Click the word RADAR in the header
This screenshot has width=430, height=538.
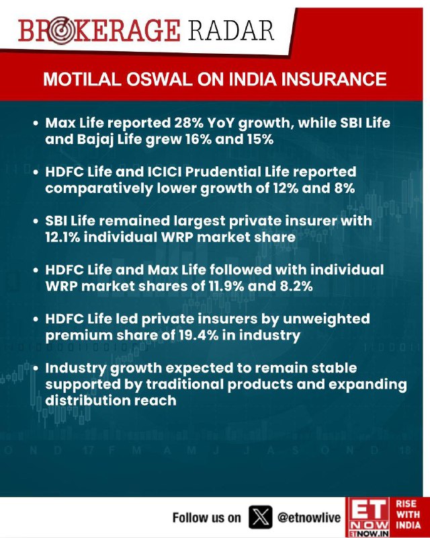pos(230,30)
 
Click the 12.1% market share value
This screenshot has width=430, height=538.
pos(62,237)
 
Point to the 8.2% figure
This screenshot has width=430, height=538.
pos(296,286)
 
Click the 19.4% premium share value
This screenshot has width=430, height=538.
pos(199,335)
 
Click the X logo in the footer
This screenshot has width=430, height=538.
pos(260,517)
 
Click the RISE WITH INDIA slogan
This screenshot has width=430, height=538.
pos(408,514)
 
